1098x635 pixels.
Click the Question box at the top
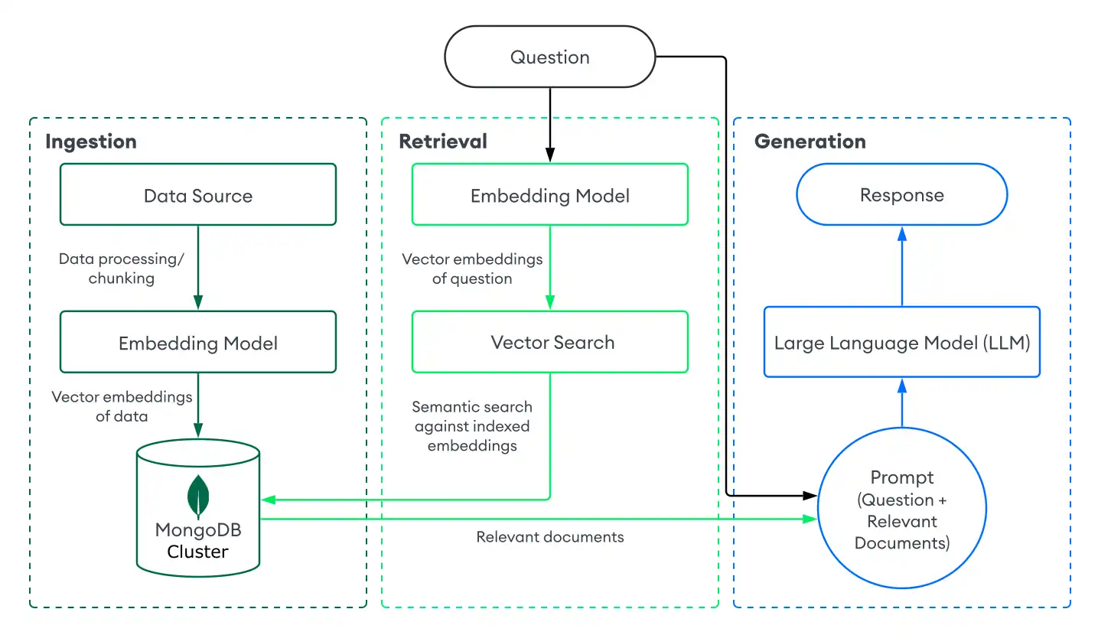(549, 57)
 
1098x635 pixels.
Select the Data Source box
(198, 195)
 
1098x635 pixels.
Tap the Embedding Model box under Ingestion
(198, 343)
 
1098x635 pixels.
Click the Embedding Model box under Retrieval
(549, 195)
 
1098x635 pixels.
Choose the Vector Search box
(549, 342)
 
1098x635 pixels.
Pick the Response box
(902, 194)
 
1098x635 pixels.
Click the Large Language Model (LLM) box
(902, 343)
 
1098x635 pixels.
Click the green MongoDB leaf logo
(198, 497)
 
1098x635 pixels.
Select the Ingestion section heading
(91, 142)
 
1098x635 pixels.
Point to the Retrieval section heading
(443, 142)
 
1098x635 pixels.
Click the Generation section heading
(810, 142)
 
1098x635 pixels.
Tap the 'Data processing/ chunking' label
(122, 269)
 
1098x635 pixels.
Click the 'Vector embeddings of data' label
(122, 407)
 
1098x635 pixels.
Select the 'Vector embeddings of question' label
(472, 269)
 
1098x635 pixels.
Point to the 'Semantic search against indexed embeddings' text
(472, 426)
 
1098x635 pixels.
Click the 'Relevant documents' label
(549, 537)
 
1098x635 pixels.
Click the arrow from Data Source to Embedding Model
(198, 268)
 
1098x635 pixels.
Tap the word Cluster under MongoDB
(198, 551)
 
